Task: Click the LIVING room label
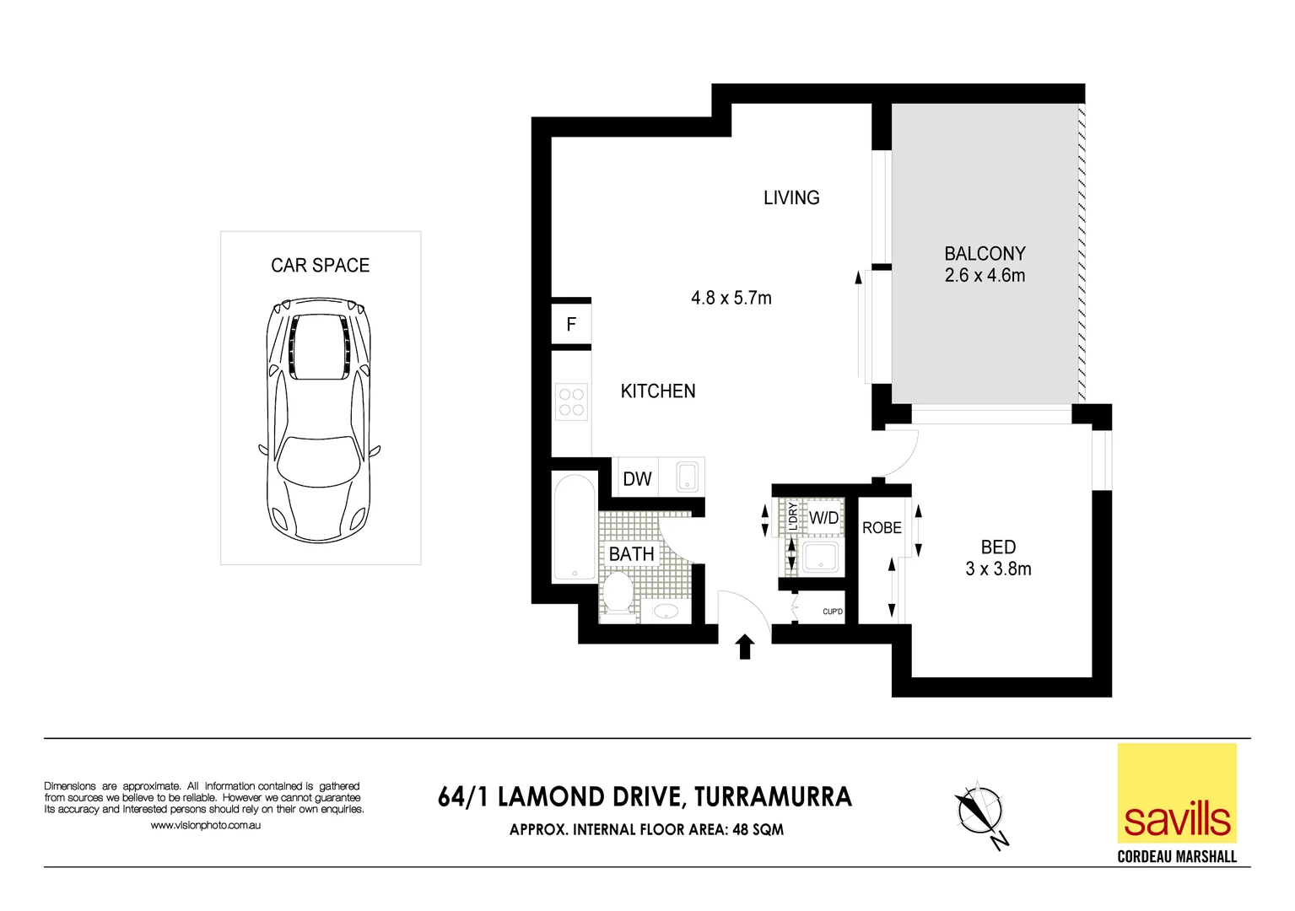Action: [790, 198]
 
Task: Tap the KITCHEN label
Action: [657, 391]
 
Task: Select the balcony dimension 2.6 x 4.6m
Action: [985, 276]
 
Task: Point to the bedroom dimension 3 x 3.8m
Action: [998, 569]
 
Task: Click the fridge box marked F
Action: [571, 325]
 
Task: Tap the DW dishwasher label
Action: [637, 479]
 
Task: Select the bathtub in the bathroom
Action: [575, 528]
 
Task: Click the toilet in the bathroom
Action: [618, 592]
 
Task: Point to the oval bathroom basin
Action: [666, 611]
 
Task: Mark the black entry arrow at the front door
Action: [744, 647]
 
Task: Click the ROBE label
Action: [882, 528]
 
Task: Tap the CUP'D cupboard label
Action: [832, 612]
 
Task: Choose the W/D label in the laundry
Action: [823, 518]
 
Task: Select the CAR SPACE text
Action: [320, 266]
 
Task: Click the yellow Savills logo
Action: [1177, 793]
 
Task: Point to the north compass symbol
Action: [980, 813]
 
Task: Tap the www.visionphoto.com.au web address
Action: [205, 826]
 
